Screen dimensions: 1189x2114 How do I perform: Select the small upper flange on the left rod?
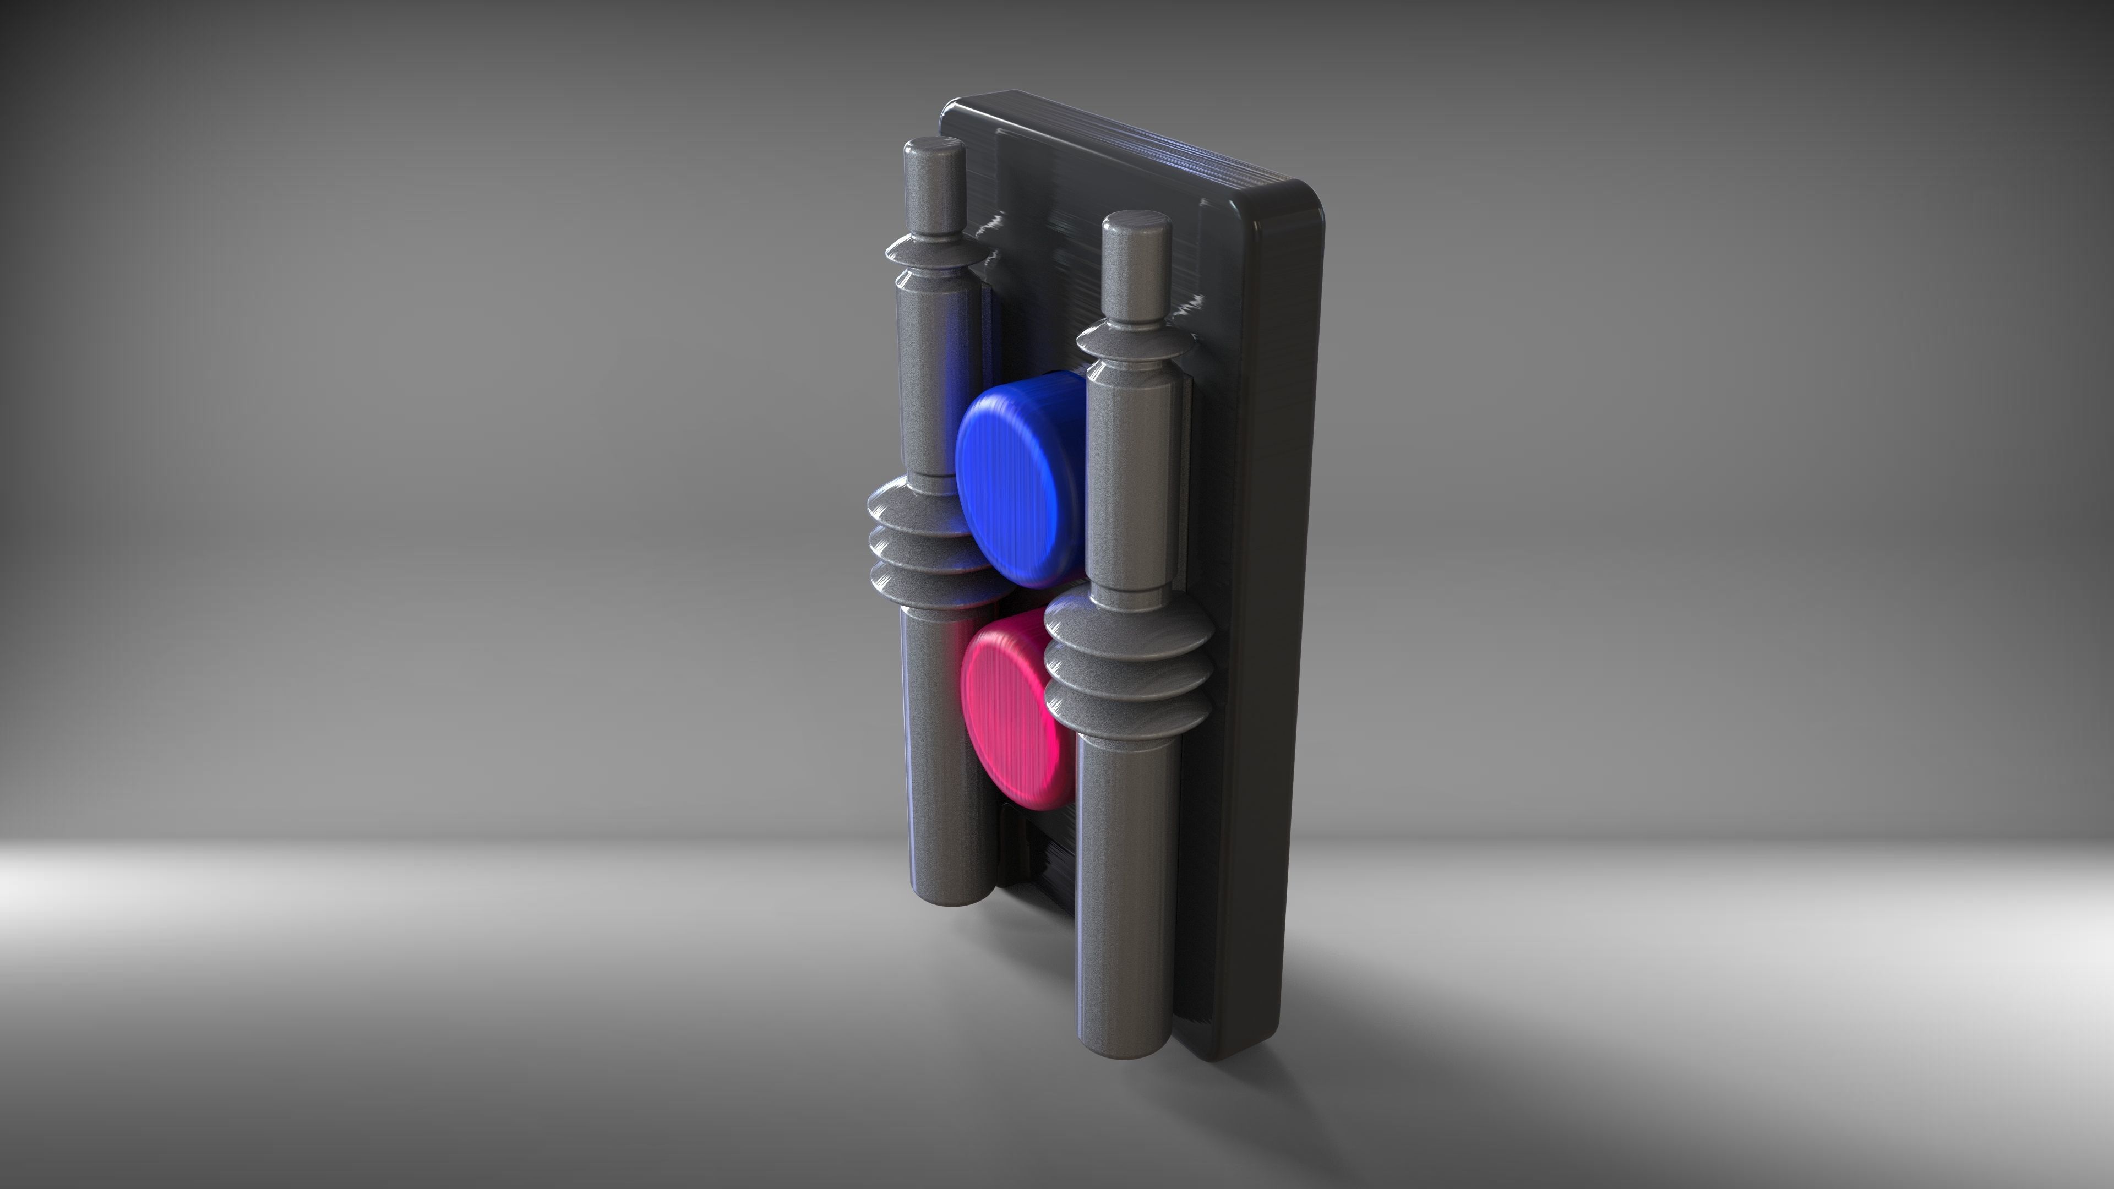point(934,253)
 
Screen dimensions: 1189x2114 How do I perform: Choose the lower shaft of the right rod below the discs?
point(1123,886)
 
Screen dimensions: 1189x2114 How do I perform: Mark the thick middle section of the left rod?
point(935,378)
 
